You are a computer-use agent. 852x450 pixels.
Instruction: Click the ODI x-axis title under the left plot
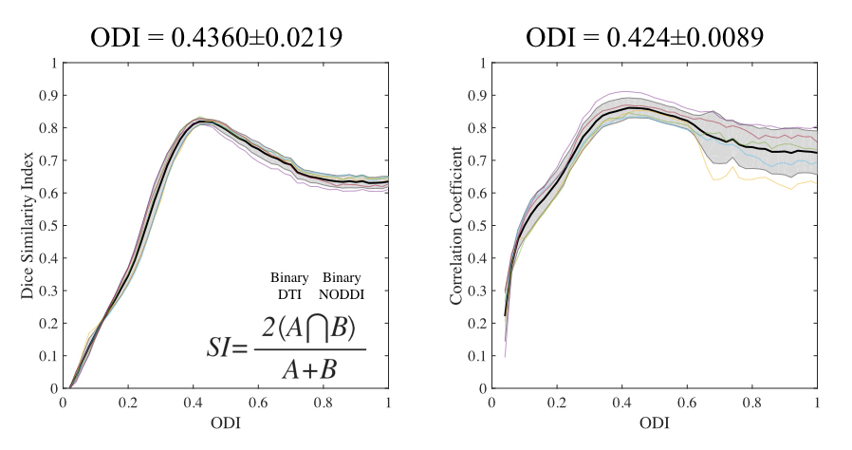point(226,427)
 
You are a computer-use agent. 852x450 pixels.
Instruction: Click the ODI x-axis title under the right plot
point(654,427)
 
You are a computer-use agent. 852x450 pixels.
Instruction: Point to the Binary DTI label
point(288,286)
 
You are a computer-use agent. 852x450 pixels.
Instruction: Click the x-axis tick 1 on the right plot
point(817,403)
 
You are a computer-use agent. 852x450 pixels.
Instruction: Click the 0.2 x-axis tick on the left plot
point(128,403)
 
